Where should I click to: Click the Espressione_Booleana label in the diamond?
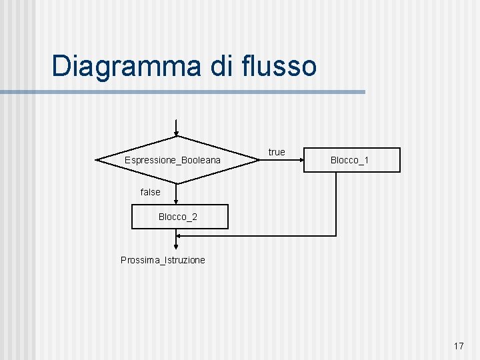(x=173, y=161)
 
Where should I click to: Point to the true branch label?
(x=277, y=152)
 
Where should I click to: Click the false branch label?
(x=151, y=192)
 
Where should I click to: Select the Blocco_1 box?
(x=352, y=161)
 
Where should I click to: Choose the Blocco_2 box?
(x=179, y=217)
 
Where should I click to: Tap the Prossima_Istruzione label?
(x=163, y=260)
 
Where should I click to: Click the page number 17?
(x=459, y=346)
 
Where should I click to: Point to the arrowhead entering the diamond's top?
(x=176, y=132)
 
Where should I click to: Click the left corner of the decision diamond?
(x=98, y=160)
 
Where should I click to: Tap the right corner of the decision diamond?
(x=257, y=160)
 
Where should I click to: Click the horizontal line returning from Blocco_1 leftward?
(x=260, y=235)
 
